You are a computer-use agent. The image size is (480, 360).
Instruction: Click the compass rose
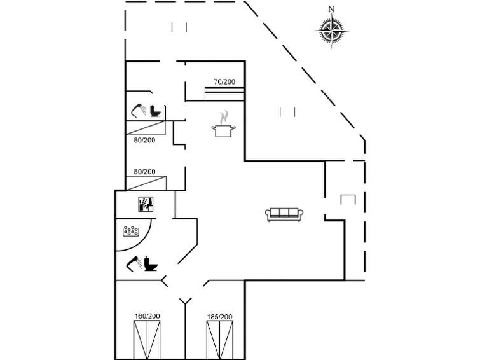coord(331,31)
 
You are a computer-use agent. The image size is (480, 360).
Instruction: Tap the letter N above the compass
coord(331,10)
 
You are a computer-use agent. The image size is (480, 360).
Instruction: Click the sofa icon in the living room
coord(284,214)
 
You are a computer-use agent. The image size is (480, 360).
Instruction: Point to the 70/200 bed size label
coord(224,82)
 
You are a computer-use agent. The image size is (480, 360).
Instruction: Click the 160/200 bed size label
coord(147,316)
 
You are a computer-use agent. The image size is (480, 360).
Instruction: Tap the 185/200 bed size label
coord(219,317)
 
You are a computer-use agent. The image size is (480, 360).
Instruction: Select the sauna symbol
coord(146,204)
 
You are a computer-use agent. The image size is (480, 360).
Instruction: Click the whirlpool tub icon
coord(131,232)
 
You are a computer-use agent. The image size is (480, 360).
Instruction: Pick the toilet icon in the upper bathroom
coord(155,111)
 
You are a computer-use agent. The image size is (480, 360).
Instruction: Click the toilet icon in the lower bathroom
coord(150,263)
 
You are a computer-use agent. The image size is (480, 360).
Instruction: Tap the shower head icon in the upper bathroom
coord(139,110)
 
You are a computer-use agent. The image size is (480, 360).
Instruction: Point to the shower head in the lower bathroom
coord(134,264)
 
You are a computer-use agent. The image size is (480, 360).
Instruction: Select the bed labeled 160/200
coord(147,340)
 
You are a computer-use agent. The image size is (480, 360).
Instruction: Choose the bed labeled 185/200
coord(220,340)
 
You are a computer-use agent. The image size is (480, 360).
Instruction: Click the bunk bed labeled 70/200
coord(224,93)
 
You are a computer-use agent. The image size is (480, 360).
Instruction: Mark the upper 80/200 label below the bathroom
coord(144,141)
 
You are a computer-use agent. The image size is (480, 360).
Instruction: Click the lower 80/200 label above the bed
coord(144,172)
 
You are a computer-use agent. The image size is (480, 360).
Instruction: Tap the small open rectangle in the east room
coord(348,199)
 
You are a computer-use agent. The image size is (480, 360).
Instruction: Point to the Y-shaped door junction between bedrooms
coord(185,301)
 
